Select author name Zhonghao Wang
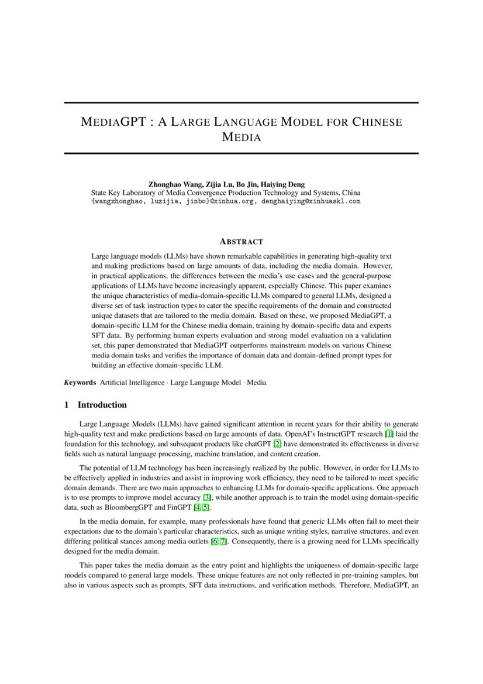[x=174, y=184]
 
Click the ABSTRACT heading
[x=241, y=241]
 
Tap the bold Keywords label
[x=80, y=383]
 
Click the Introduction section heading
[x=102, y=405]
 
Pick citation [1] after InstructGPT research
[x=388, y=433]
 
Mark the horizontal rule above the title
[x=241, y=103]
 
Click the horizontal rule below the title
[x=241, y=153]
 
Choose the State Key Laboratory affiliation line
[x=226, y=193]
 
